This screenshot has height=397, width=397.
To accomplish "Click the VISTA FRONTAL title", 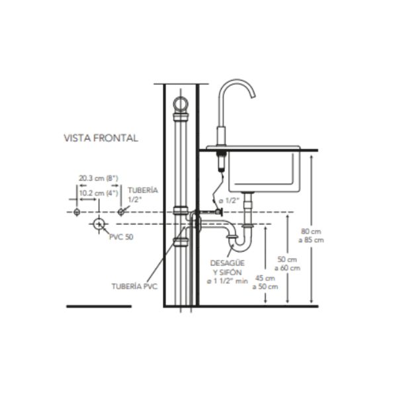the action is click(x=101, y=138).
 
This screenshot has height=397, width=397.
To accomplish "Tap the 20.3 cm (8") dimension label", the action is click(x=99, y=178).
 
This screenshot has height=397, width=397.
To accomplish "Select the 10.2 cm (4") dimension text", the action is click(x=99, y=193).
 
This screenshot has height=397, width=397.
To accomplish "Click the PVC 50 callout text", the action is click(x=121, y=237).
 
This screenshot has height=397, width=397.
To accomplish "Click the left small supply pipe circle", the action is click(x=77, y=212).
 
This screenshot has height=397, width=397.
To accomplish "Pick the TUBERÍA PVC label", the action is click(x=134, y=287).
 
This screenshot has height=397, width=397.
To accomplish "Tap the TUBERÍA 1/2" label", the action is click(x=143, y=195).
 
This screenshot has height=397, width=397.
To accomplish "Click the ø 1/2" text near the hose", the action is click(x=229, y=200).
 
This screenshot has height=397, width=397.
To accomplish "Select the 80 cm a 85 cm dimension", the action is click(x=311, y=236).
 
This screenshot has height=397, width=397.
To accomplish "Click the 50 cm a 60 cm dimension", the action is click(x=287, y=263).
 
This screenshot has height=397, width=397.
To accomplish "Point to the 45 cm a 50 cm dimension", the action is click(x=265, y=283).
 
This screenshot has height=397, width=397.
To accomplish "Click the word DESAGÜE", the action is click(x=228, y=263).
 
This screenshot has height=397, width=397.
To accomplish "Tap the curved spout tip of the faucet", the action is click(x=253, y=96).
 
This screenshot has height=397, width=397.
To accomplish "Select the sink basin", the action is click(x=264, y=171).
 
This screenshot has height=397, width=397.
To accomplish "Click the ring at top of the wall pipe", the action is click(x=181, y=105).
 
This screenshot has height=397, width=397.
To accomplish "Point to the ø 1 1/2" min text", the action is click(x=228, y=281).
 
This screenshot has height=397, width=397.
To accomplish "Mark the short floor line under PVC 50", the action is click(x=99, y=306).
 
